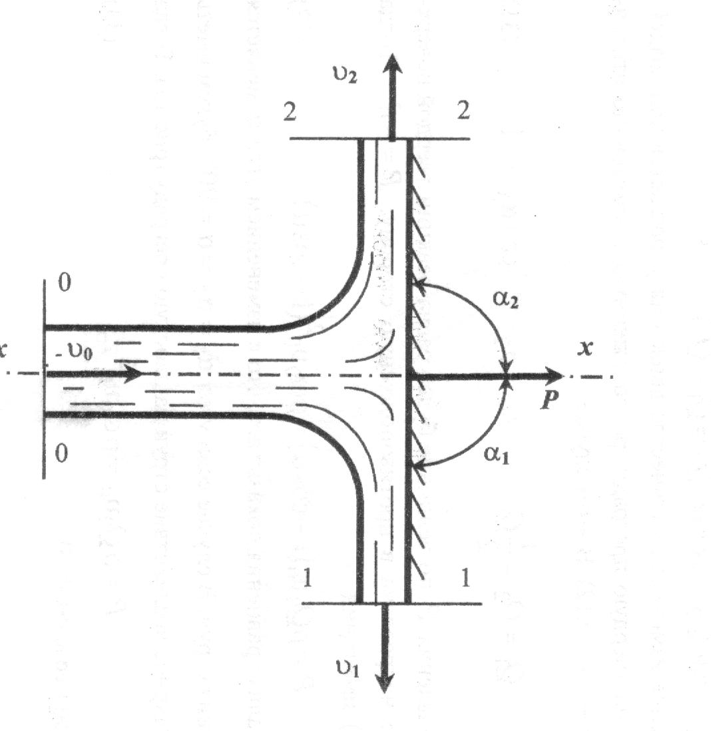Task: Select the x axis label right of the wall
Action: tap(586, 348)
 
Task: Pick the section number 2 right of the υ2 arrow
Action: tap(464, 111)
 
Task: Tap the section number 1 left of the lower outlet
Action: tap(307, 579)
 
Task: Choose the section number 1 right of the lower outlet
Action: tap(465, 579)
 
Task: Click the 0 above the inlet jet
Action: tap(65, 284)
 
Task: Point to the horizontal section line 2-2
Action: tap(320, 138)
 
